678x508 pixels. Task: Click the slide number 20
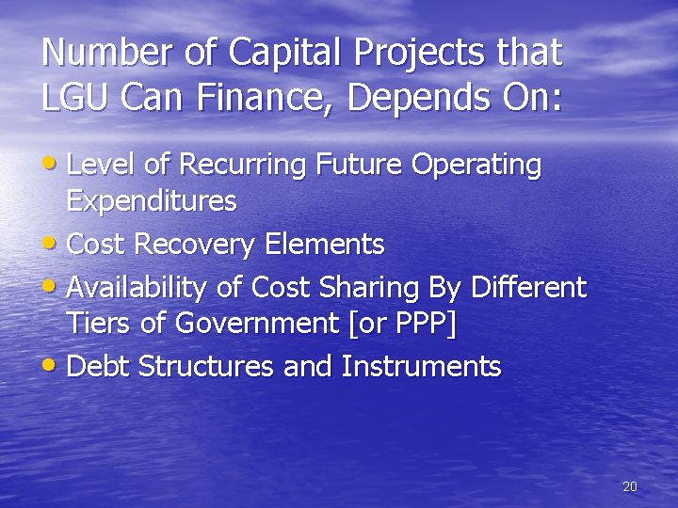click(630, 486)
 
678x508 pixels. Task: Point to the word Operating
click(476, 166)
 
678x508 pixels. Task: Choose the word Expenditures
click(152, 201)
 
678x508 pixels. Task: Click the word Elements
click(324, 246)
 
